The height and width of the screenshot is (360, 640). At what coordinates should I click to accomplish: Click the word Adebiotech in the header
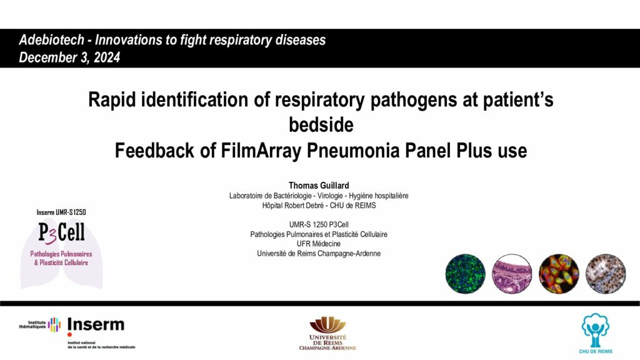[51, 40]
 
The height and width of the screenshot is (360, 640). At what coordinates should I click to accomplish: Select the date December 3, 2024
[69, 57]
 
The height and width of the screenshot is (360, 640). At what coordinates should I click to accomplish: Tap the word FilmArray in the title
[261, 151]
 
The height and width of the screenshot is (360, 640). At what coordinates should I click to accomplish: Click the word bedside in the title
[321, 125]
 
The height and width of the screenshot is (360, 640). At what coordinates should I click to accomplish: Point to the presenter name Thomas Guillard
[319, 185]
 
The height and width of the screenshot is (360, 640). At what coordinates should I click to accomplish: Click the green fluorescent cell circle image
[465, 274]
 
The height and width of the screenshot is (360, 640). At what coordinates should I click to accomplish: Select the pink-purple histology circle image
[512, 274]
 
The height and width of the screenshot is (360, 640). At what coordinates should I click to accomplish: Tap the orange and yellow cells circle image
[559, 274]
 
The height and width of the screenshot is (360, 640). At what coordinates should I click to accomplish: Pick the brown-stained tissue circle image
[606, 274]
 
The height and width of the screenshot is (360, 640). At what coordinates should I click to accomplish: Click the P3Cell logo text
[62, 232]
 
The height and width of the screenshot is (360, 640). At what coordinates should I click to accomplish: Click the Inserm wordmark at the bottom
[96, 325]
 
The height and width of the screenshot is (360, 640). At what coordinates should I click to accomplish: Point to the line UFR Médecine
[318, 244]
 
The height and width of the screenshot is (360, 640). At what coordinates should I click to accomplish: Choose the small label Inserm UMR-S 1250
[61, 212]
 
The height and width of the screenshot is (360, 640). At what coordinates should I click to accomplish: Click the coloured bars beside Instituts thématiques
[54, 325]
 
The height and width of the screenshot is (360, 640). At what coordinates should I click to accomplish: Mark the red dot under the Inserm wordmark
[69, 335]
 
